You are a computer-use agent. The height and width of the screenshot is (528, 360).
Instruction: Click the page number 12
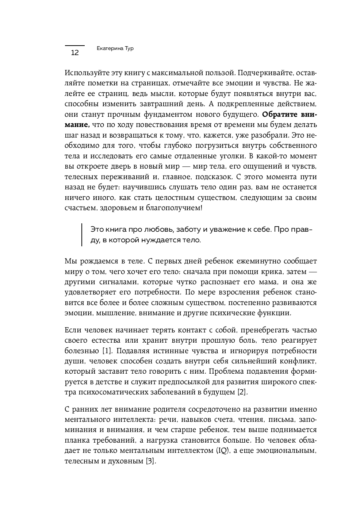click(x=74, y=53)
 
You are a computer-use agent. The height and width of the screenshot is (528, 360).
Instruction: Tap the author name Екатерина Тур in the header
click(x=115, y=48)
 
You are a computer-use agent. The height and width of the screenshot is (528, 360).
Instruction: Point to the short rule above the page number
click(x=74, y=46)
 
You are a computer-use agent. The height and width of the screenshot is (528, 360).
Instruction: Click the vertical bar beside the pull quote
click(x=82, y=235)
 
